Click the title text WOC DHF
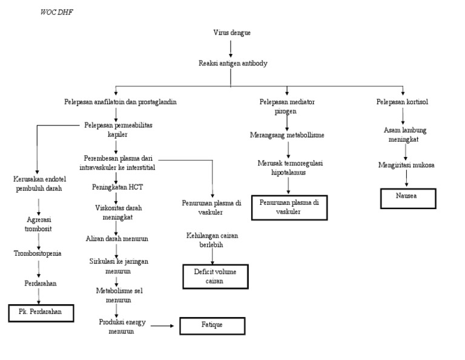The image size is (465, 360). tap(55, 12)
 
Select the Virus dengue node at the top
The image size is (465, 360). tap(232, 32)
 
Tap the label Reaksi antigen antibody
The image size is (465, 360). tap(232, 63)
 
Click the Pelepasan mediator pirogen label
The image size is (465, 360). tap(287, 105)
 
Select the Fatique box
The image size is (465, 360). tap(212, 325)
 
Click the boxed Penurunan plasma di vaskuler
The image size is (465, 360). tap(289, 207)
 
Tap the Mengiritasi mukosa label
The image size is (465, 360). tap(406, 164)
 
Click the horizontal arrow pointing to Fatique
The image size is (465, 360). tap(162, 326)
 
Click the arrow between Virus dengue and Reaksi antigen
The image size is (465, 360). tap(232, 47)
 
